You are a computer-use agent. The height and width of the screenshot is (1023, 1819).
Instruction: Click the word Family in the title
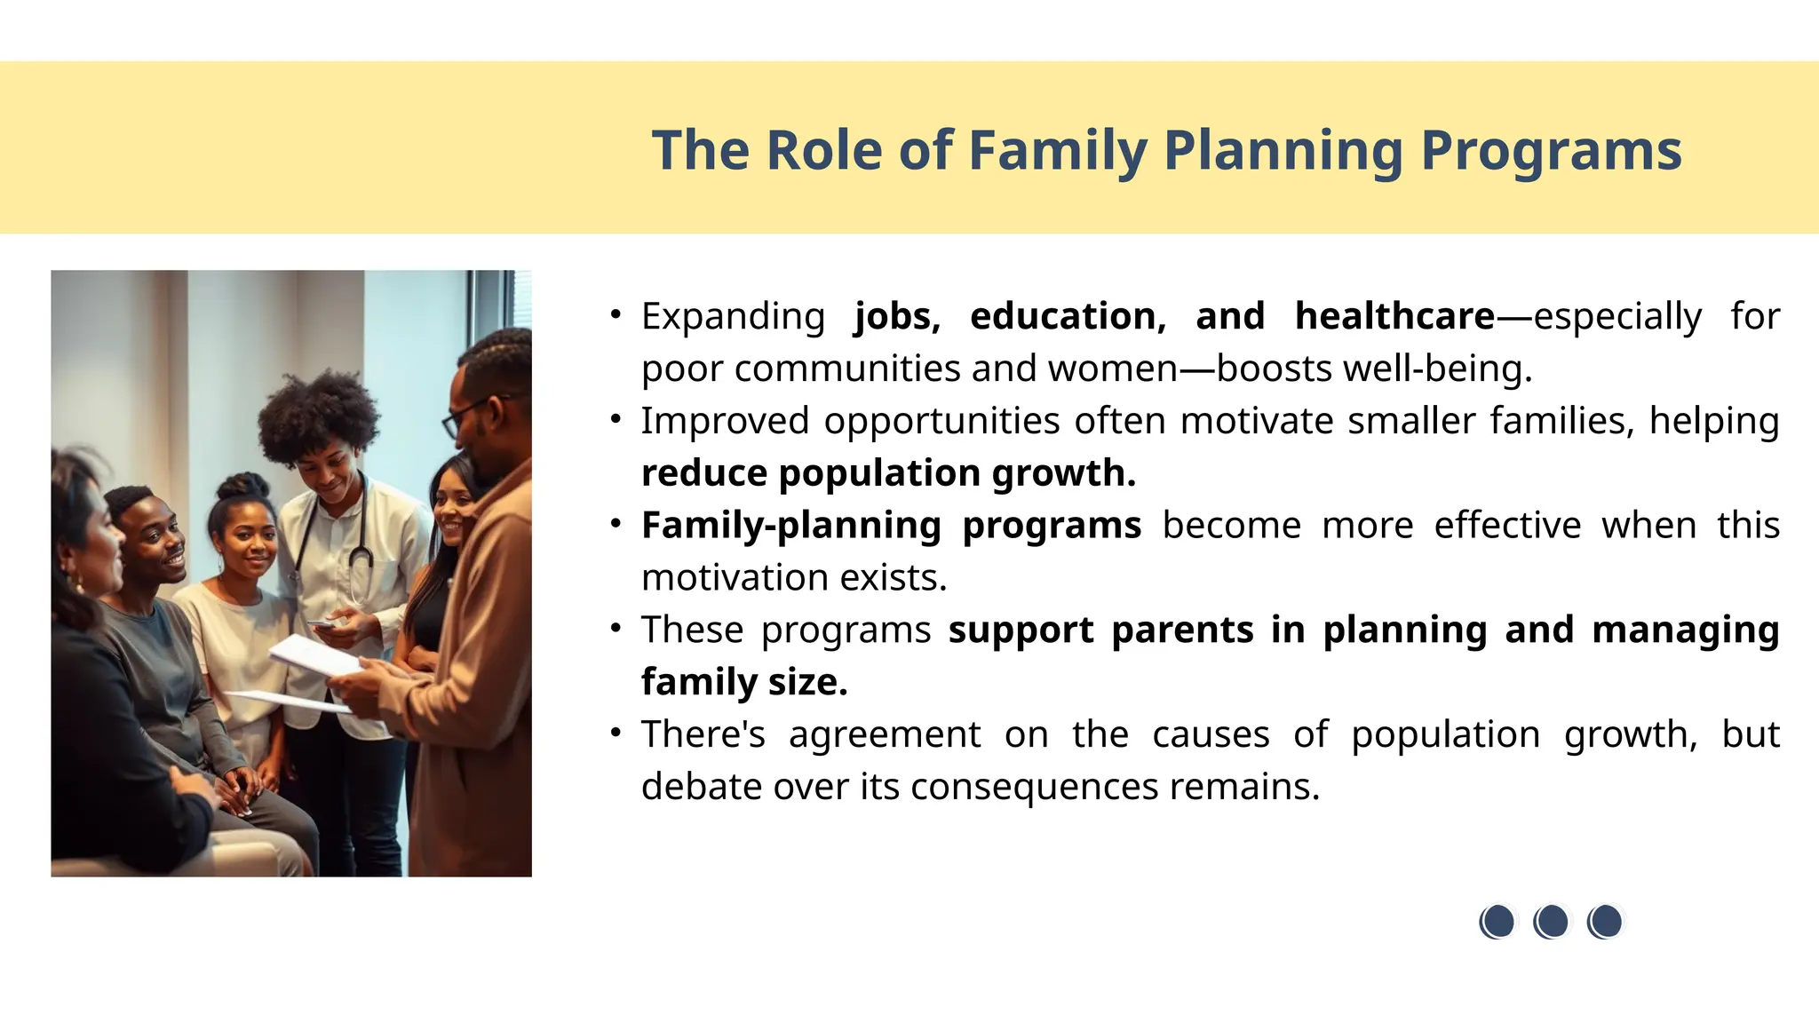(1057, 151)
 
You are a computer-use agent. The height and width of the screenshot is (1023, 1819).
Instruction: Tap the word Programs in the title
(1551, 151)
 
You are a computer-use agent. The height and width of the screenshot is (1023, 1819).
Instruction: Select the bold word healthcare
(1394, 317)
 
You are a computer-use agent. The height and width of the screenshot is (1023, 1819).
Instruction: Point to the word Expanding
(733, 317)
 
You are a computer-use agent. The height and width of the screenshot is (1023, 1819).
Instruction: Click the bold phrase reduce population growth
(888, 473)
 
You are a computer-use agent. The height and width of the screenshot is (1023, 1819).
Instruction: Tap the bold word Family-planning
(790, 526)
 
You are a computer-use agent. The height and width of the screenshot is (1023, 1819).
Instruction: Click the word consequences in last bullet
(1035, 787)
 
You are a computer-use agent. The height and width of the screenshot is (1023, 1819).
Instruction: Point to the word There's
(703, 735)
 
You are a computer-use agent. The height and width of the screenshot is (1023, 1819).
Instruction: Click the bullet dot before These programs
(616, 629)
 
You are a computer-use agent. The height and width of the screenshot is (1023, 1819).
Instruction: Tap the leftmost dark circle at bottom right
(1497, 922)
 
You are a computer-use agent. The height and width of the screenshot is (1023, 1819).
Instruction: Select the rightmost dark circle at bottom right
(1606, 922)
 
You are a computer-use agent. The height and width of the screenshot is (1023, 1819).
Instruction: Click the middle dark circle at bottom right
(1552, 922)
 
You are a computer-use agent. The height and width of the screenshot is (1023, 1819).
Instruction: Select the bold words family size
(744, 683)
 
